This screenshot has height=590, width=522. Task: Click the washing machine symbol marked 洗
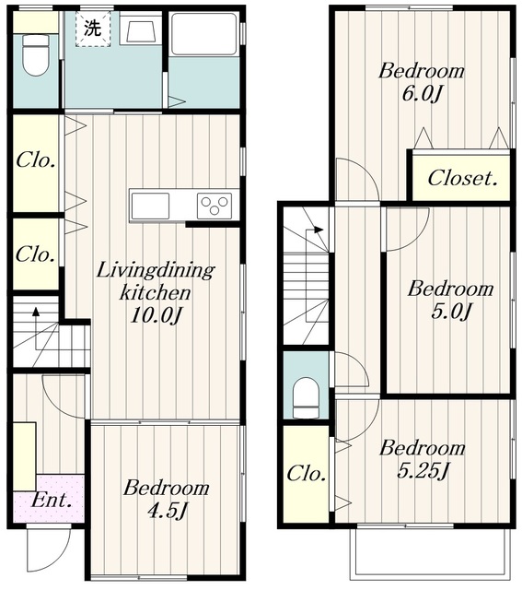[92, 29]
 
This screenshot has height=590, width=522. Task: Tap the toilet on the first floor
[36, 55]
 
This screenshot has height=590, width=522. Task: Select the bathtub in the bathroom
[203, 34]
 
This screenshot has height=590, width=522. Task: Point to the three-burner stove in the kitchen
[215, 206]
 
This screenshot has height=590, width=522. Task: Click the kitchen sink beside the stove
[150, 206]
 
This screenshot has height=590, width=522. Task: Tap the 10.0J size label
[156, 315]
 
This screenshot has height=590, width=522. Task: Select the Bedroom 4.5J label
[167, 499]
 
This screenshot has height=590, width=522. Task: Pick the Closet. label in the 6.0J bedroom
[463, 178]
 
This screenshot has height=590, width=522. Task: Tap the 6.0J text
[422, 94]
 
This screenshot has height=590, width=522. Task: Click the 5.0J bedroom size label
[450, 312]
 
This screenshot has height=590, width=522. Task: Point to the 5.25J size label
[423, 471]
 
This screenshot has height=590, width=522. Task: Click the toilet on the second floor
[306, 397]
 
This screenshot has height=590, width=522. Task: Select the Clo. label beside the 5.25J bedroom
[306, 473]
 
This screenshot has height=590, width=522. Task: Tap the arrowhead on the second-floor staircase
[319, 230]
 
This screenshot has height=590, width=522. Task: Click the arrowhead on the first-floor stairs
[36, 312]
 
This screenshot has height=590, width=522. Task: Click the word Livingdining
[156, 270]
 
